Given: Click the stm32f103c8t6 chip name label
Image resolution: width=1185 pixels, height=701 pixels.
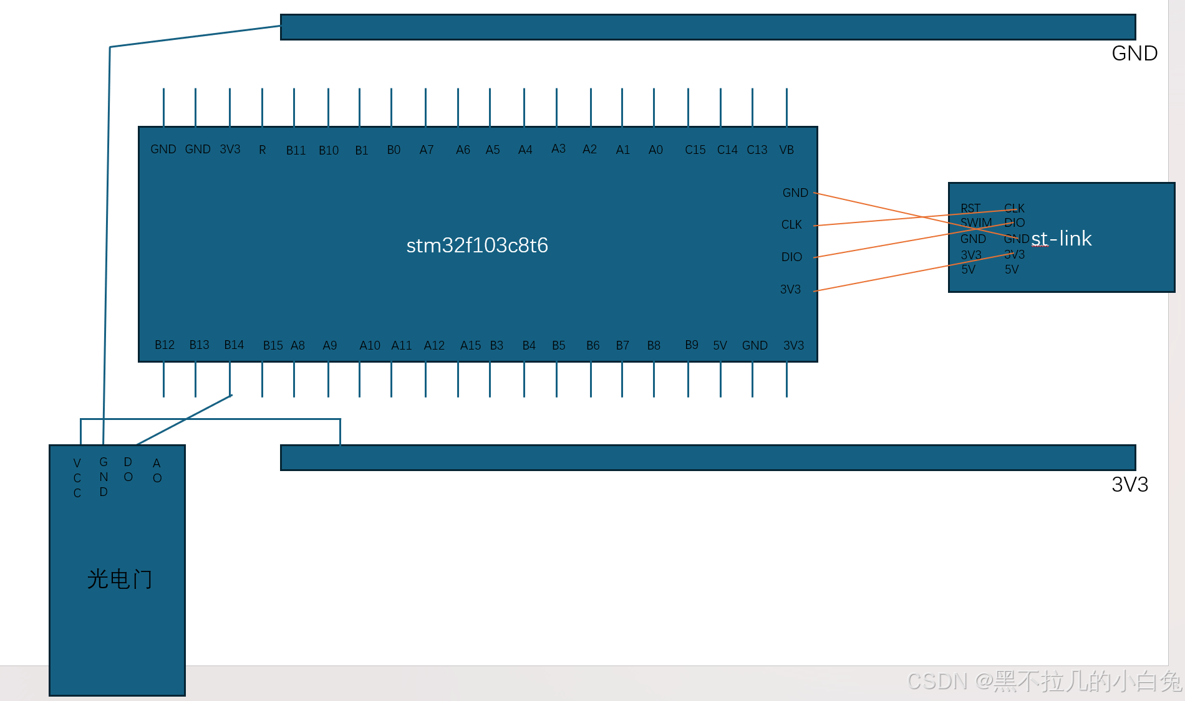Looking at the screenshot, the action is [477, 246].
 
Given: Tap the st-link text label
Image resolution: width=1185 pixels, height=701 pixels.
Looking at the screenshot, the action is [1061, 239].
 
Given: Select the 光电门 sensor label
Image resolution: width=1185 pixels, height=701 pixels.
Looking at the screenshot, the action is [119, 579].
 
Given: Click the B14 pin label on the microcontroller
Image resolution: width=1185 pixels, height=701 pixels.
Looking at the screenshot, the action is [234, 345].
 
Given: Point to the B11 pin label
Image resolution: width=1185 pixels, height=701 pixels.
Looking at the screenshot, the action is [296, 150].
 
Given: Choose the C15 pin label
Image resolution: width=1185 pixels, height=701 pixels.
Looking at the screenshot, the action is [695, 150].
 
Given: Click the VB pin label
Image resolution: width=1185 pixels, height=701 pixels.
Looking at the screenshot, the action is [786, 150].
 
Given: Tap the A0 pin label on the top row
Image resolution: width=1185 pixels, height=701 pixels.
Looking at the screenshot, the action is [655, 150].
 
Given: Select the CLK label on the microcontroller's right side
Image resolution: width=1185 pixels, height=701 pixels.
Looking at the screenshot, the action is [791, 225].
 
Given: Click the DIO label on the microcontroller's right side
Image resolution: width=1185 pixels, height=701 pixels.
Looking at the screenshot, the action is [791, 257].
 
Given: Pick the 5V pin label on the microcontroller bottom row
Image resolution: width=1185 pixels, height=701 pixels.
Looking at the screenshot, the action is [720, 346].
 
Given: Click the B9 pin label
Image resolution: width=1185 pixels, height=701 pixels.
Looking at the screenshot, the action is [692, 345].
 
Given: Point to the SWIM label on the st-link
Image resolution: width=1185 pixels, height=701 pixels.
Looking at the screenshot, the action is [976, 222].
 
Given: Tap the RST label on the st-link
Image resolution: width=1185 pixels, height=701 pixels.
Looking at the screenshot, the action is [970, 208].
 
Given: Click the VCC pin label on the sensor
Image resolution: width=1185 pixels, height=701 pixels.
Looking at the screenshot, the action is [77, 478].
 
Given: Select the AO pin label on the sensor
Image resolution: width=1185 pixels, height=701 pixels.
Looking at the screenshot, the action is [157, 471].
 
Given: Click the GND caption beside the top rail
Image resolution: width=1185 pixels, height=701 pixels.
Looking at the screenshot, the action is [1134, 54].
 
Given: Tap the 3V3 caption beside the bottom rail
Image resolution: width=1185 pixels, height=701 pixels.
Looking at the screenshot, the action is [1129, 485].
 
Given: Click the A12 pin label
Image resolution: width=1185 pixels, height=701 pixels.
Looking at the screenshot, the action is [434, 346].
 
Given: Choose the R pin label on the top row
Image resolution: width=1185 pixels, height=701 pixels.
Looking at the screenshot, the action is [263, 150].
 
